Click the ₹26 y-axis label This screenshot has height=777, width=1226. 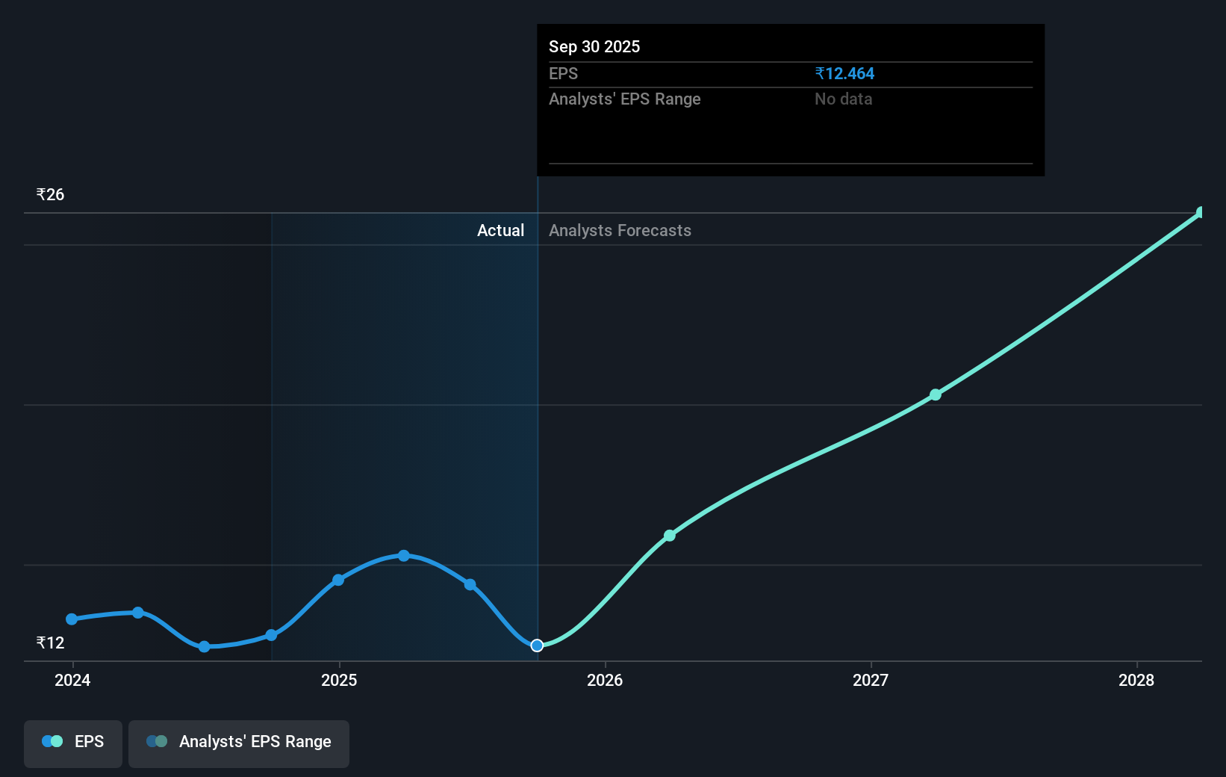pyautogui.click(x=50, y=195)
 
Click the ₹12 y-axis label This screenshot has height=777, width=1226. pyautogui.click(x=50, y=643)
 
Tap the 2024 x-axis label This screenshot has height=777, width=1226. pyautogui.click(x=72, y=680)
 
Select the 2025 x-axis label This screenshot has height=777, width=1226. pyautogui.click(x=339, y=680)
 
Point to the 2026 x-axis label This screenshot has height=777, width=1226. pyautogui.click(x=605, y=680)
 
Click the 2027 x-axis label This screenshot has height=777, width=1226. pyautogui.click(x=871, y=680)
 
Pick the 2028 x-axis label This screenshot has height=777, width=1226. pyautogui.click(x=1136, y=680)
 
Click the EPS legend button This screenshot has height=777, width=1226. pyautogui.click(x=73, y=743)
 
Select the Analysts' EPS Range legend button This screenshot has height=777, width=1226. pyautogui.click(x=239, y=743)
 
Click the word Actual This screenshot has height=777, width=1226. pyautogui.click(x=500, y=231)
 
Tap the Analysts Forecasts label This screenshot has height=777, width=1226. pyautogui.click(x=620, y=231)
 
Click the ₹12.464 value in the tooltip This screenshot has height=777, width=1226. pyautogui.click(x=844, y=74)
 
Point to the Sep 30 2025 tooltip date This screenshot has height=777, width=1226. pyautogui.click(x=594, y=47)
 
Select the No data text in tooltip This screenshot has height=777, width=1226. pyautogui.click(x=843, y=99)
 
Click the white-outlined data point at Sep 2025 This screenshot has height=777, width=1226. pyautogui.click(x=537, y=646)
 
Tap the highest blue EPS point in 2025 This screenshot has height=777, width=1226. pyautogui.click(x=404, y=556)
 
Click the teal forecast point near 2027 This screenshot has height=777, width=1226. pyautogui.click(x=936, y=394)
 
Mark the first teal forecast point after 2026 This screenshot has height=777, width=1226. pyautogui.click(x=670, y=536)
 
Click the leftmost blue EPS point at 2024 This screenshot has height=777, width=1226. pyautogui.click(x=72, y=619)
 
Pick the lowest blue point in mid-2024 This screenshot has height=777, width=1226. pyautogui.click(x=205, y=646)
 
